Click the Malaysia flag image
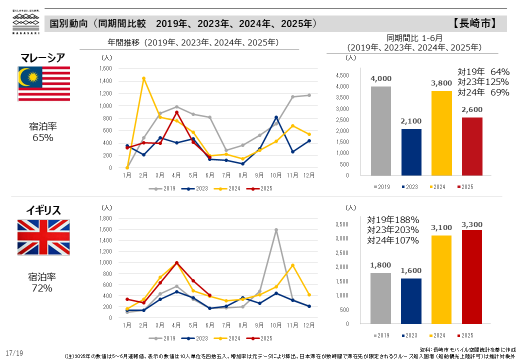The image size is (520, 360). click(44, 83)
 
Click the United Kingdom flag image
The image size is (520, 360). click(43, 237)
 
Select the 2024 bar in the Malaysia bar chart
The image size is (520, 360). click(441, 132)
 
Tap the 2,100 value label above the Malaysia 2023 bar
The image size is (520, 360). click(411, 121)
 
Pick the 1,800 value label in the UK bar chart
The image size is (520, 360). click(380, 265)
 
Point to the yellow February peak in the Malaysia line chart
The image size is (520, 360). click(144, 78)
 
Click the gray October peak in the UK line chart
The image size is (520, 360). click(276, 230)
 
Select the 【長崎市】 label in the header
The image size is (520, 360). click(474, 23)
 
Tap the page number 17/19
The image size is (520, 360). click(14, 353)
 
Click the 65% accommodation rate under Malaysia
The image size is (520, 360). click(42, 137)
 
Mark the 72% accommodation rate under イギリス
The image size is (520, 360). click(42, 288)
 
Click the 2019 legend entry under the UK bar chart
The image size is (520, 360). click(382, 335)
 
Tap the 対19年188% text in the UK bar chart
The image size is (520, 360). click(393, 219)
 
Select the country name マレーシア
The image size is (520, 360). click(42, 57)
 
